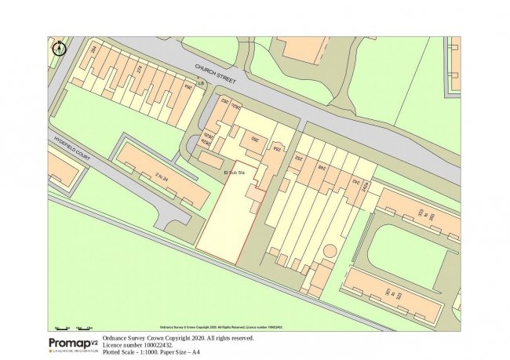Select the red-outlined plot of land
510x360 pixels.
[228, 220]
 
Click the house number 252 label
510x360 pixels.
[298, 158]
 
